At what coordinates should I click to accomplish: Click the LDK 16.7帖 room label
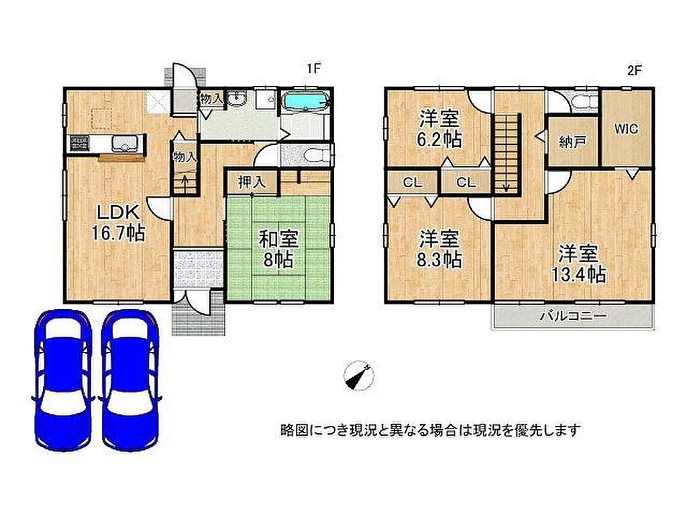coord(118,223)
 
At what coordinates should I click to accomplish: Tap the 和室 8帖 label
coord(278,249)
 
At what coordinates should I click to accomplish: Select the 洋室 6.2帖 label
coord(440,129)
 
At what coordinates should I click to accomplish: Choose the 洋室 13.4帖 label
coord(578,264)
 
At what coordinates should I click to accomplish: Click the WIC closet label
coord(626,129)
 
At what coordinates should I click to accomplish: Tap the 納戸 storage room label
coord(573,142)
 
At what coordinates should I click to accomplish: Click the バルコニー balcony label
coord(573,315)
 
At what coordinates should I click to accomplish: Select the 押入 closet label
coord(252,182)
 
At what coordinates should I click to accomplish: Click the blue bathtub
coord(306,103)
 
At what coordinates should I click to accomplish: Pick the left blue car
coord(62,380)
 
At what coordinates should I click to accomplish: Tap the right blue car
coord(130,380)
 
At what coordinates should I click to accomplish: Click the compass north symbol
coord(359,376)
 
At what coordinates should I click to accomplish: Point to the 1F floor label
coord(314,69)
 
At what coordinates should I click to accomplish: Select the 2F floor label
coord(635,70)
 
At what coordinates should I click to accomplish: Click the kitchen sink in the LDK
coord(125,144)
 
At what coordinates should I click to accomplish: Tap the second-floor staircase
coord(507,153)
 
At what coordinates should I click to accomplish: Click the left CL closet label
coord(413,182)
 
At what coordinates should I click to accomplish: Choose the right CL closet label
coord(466,182)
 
